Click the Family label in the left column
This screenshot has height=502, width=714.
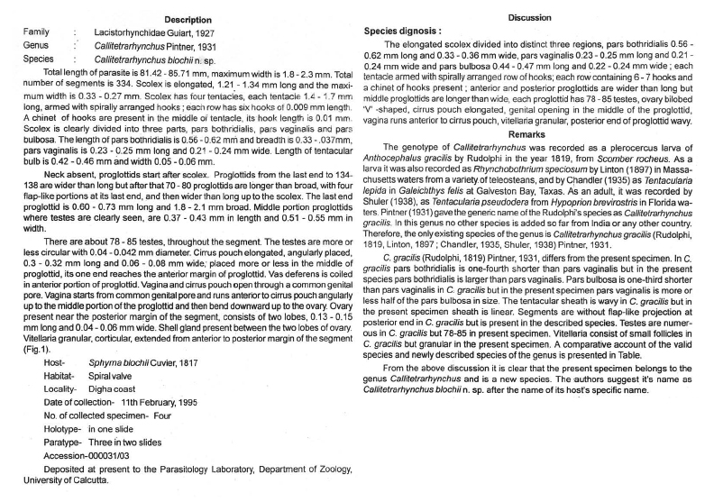click(x=36, y=32)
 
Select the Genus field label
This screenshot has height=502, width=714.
click(x=36, y=42)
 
